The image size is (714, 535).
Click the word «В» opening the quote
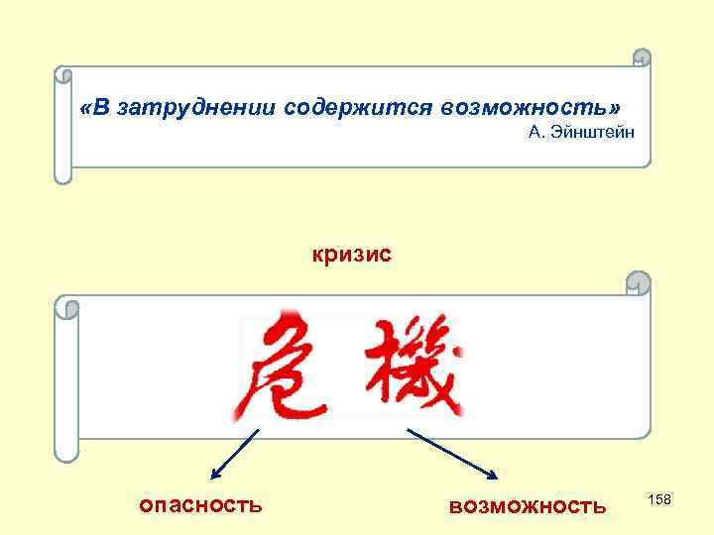[x=94, y=107]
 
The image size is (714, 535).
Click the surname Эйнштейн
[x=592, y=133]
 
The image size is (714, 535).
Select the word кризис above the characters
[x=352, y=255]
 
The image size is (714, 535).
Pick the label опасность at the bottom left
[x=200, y=505]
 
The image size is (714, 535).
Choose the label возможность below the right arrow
[x=527, y=506]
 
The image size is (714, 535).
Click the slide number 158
[x=659, y=500]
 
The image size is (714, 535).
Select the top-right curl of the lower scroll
[x=642, y=283]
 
